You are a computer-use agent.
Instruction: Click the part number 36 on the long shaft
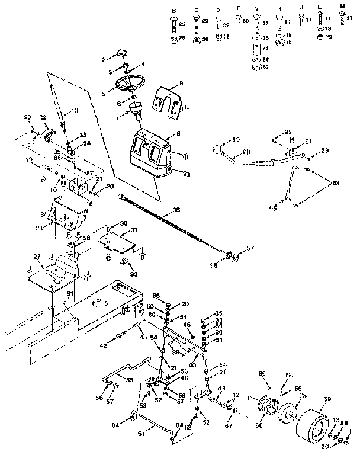175,210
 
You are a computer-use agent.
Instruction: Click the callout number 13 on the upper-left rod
75,111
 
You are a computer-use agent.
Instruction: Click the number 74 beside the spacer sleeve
265,49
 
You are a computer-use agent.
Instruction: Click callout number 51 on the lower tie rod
140,434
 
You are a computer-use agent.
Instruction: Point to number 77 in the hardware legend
328,20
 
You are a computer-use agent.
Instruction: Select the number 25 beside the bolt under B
182,23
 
